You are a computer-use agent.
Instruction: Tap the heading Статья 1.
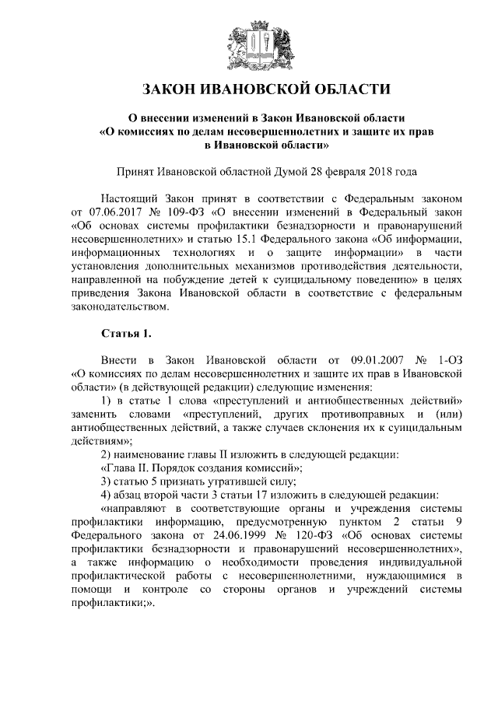pos(127,334)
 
